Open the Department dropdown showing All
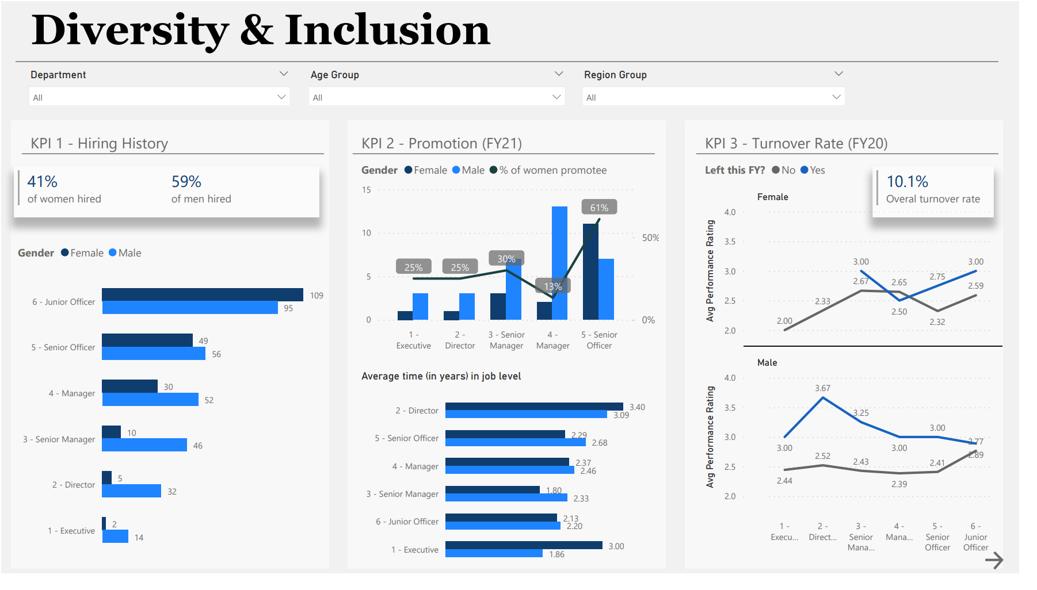pyautogui.click(x=159, y=97)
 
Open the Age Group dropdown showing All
pyautogui.click(x=437, y=97)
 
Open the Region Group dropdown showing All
pyautogui.click(x=713, y=97)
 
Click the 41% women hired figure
pyautogui.click(x=43, y=182)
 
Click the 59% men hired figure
pyautogui.click(x=186, y=182)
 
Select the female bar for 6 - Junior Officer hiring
pyautogui.click(x=202, y=294)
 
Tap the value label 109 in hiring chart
pyautogui.click(x=317, y=296)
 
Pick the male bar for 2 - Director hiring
pyautogui.click(x=131, y=491)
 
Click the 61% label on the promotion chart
pyautogui.click(x=599, y=208)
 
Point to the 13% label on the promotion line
pyautogui.click(x=553, y=286)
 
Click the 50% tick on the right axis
pyautogui.click(x=650, y=237)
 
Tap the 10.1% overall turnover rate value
pyautogui.click(x=907, y=182)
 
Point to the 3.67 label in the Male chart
pyautogui.click(x=822, y=388)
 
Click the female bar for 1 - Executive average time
pyautogui.click(x=523, y=545)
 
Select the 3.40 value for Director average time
pyautogui.click(x=637, y=407)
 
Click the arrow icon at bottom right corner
pyautogui.click(x=994, y=560)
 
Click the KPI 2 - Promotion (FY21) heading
pyautogui.click(x=441, y=143)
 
